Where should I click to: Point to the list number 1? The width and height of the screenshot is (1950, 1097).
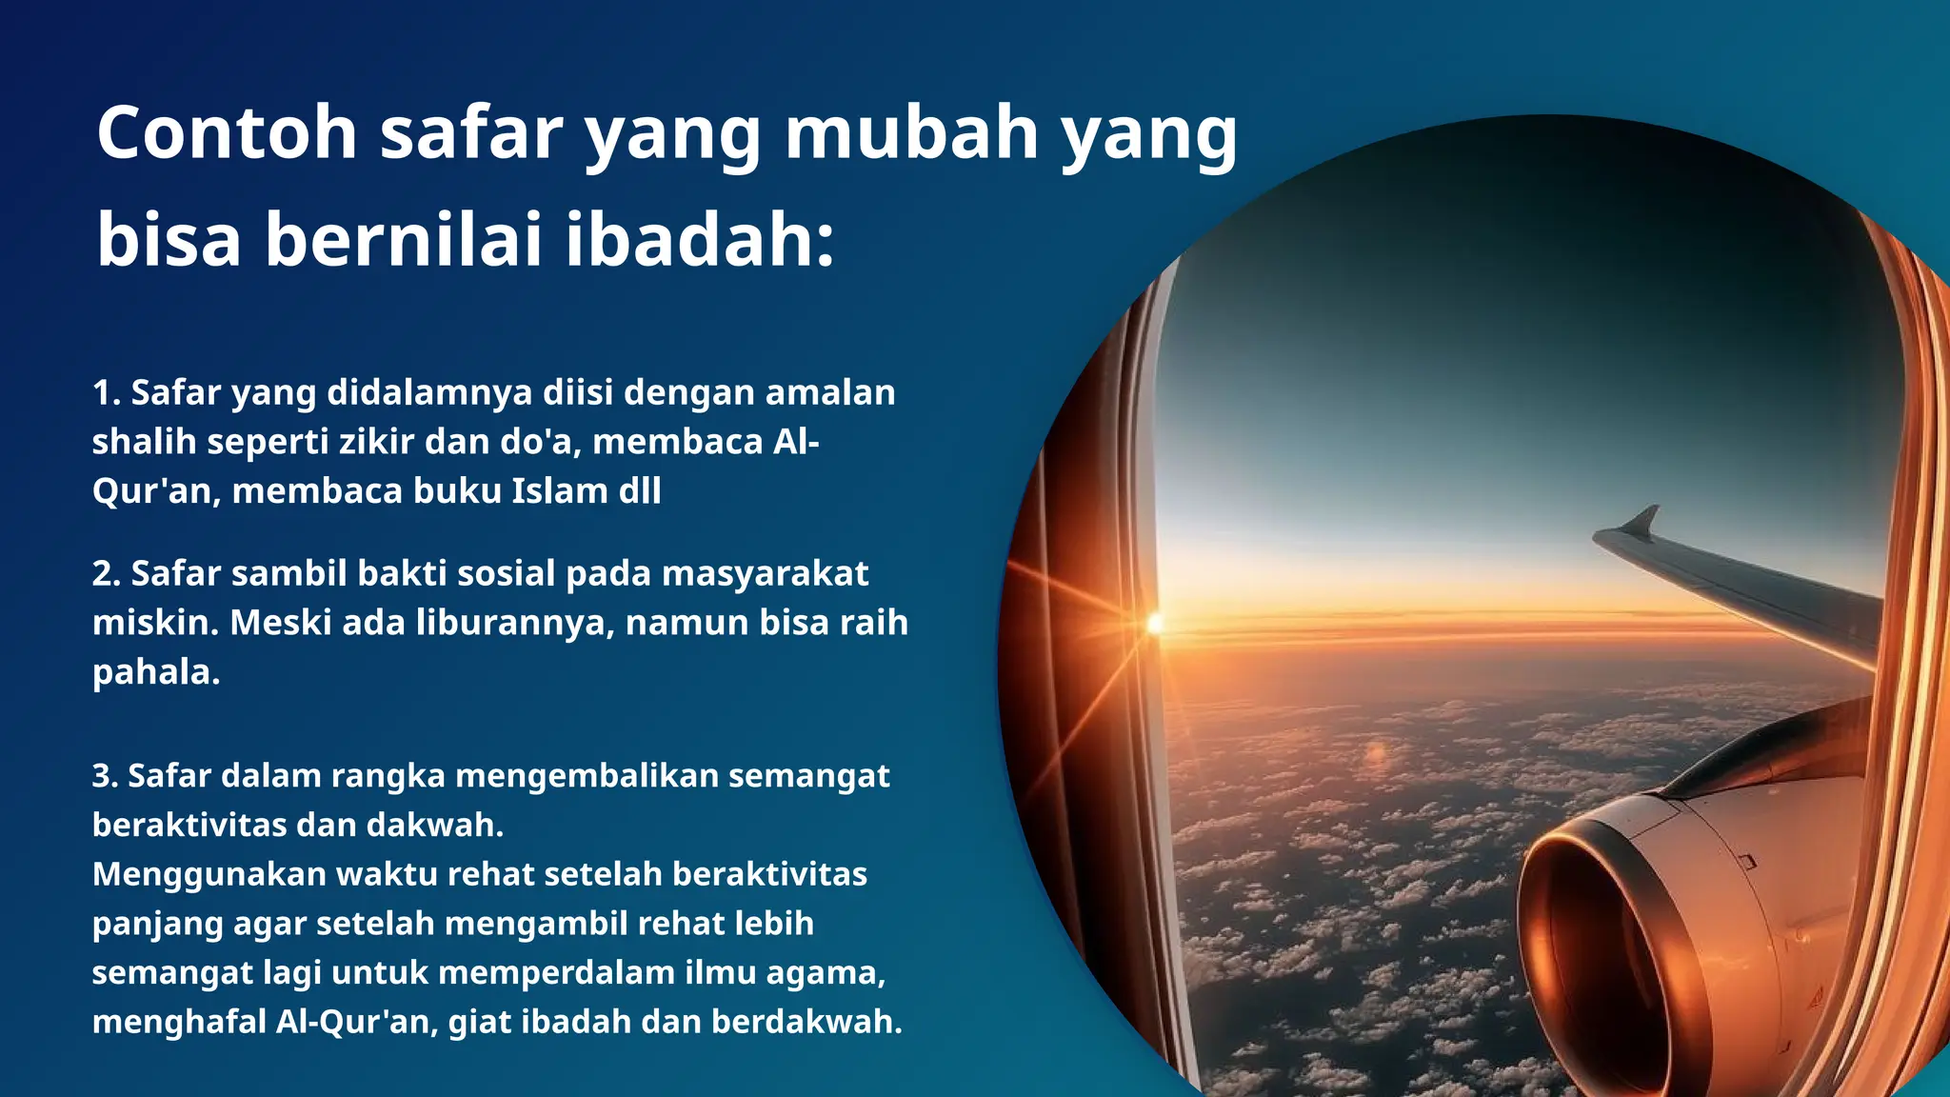[104, 392]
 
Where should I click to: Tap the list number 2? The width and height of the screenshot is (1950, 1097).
[105, 573]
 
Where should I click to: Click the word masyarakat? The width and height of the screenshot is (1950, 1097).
[765, 573]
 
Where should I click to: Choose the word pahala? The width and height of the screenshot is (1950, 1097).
[156, 672]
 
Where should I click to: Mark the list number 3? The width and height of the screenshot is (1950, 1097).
[104, 775]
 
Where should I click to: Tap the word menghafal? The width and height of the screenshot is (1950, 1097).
[179, 1022]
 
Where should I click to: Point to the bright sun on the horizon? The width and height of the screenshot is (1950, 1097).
[1155, 624]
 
